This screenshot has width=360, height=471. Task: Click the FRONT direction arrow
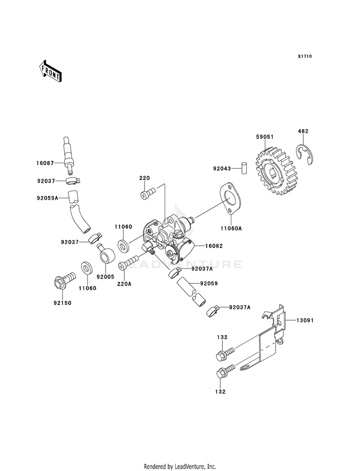pos(50,71)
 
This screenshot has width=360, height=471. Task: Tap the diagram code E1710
pos(305,56)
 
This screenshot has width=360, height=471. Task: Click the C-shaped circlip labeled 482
pos(304,155)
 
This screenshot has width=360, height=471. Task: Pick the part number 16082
pos(214,246)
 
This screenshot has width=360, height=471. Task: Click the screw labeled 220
pos(148,192)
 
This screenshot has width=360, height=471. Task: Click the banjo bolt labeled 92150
pos(64,279)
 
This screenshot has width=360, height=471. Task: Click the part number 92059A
pos(48,198)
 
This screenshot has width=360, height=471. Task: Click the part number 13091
pos(305,321)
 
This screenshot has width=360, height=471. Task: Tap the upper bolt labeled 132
pos(225,353)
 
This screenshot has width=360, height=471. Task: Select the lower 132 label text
pos(220,392)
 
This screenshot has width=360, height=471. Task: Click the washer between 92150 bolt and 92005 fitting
pos(87,268)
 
